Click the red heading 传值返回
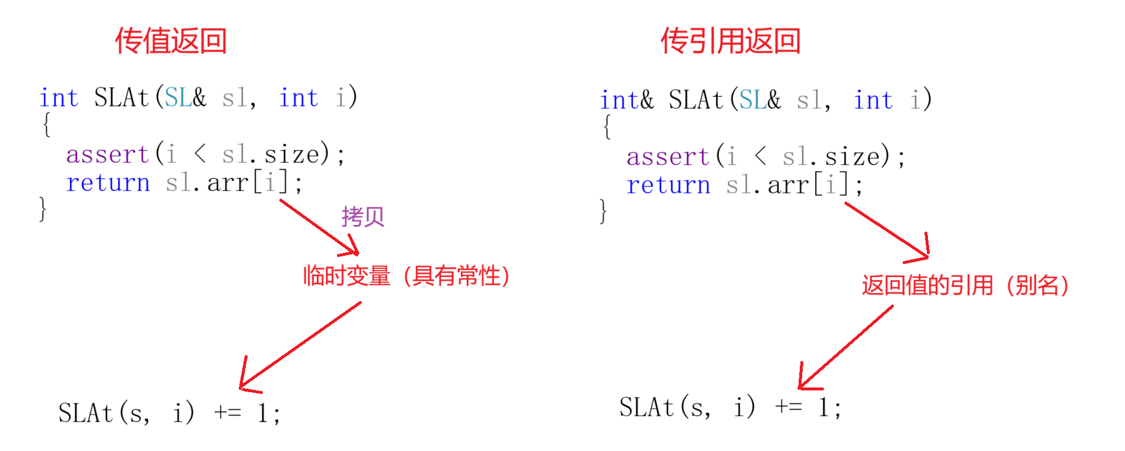coord(171,41)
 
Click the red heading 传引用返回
coord(730,41)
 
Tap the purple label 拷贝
coord(362,217)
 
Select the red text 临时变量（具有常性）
coord(406,276)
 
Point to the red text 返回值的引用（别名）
coord(965,285)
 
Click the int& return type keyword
coord(626,100)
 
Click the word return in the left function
coord(108,183)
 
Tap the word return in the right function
coord(668,185)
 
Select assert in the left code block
coord(107,155)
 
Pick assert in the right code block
coord(667,157)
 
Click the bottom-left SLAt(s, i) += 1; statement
coord(169,413)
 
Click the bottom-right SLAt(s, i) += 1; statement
coord(730,407)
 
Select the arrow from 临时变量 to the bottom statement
coord(300,346)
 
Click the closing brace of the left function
coord(42,209)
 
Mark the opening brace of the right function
coord(607,127)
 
